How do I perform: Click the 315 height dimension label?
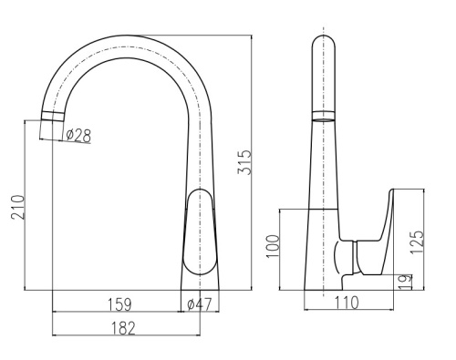[245, 162]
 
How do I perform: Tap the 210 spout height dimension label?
[17, 207]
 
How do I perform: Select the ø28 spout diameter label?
[78, 135]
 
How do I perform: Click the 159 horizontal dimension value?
[119, 304]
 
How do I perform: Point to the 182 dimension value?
[123, 328]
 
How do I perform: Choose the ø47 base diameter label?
[199, 304]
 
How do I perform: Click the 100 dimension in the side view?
[273, 246]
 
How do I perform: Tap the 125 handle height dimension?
[417, 242]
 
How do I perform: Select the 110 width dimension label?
[347, 303]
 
